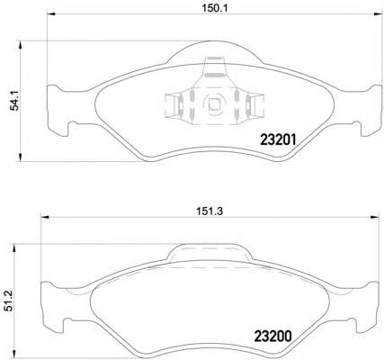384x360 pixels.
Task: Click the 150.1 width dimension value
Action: [x=214, y=8]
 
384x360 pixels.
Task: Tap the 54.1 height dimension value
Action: [x=14, y=101]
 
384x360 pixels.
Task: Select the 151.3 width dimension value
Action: [x=210, y=211]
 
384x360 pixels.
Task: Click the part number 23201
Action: [x=278, y=139]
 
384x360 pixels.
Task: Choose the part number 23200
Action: [x=272, y=337]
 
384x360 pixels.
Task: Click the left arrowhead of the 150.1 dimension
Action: [x=51, y=14]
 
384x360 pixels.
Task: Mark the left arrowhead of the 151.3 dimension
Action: [x=45, y=217]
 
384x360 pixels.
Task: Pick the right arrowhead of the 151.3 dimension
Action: [x=375, y=217]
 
